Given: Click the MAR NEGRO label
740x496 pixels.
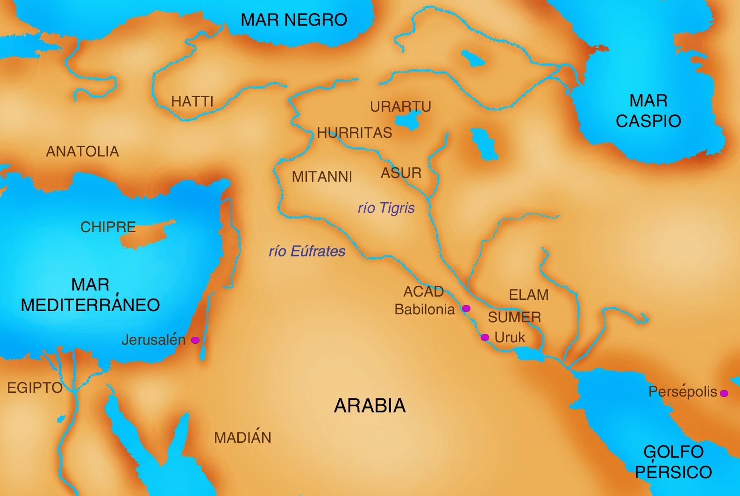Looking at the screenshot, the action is point(294,20).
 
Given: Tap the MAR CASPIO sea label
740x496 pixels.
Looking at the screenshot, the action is point(648,111).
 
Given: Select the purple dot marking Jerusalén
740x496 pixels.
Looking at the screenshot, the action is point(195,340).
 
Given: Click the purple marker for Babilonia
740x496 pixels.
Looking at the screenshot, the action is point(466,308).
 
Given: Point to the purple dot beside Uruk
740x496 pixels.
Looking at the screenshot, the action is point(485,337).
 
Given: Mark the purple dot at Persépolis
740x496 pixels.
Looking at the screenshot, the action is point(724,393).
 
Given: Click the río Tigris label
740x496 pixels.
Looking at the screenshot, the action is point(386,208).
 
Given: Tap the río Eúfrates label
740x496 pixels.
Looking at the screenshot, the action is point(307,251).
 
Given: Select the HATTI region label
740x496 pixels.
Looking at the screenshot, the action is point(192,101).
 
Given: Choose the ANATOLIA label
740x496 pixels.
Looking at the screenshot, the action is point(82,151).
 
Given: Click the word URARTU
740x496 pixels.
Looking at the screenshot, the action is point(400,106).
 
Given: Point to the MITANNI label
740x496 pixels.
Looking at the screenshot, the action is point(322,177).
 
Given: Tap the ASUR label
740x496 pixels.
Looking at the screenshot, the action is point(401,173).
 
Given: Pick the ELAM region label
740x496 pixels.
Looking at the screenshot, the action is point(528,295).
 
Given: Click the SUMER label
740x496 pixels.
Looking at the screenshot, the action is point(514,317).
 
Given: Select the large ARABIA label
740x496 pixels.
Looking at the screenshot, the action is point(370,405).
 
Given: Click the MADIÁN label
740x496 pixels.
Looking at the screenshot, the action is point(242,438).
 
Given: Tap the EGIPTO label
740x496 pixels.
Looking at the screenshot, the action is point(35,388).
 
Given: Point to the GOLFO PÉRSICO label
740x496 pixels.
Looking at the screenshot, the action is point(673,462).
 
